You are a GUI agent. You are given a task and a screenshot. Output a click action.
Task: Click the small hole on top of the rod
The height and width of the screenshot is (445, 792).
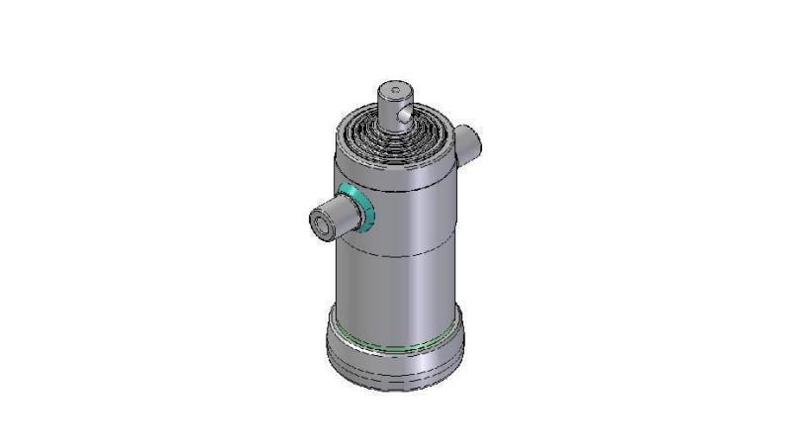[x=395, y=92]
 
